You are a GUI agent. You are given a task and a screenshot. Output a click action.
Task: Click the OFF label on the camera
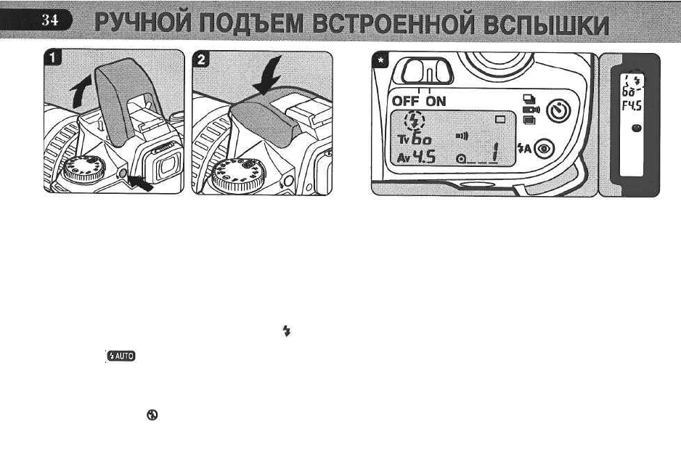pyautogui.click(x=406, y=101)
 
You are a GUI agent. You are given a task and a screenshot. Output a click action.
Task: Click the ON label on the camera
pyautogui.click(x=436, y=101)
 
